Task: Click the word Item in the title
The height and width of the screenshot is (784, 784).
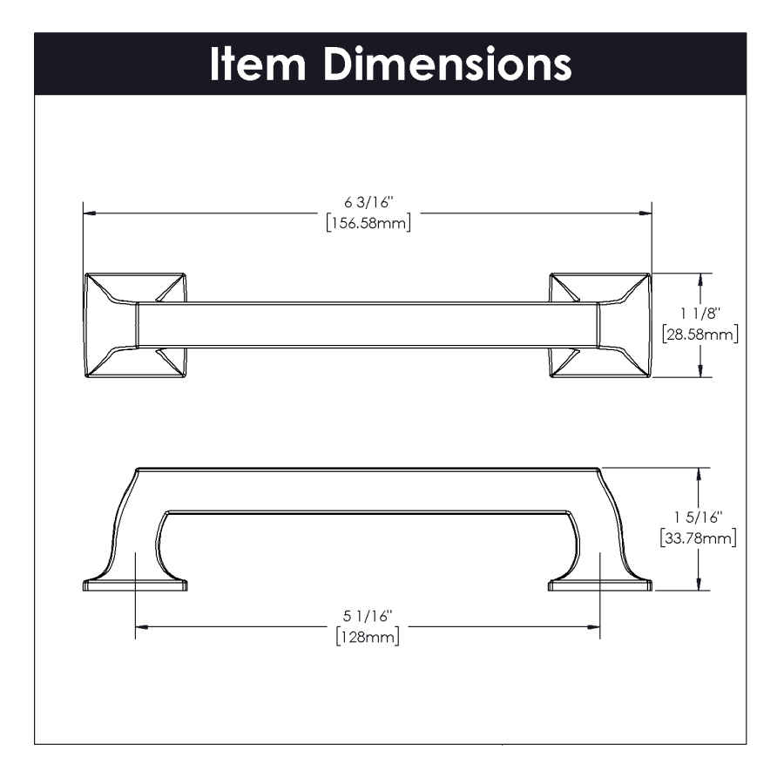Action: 258,64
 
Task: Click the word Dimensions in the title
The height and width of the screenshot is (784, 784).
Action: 448,64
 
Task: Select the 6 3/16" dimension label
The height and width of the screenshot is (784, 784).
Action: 368,202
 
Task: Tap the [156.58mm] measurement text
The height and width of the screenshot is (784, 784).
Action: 368,222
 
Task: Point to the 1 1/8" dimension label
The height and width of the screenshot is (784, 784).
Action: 700,314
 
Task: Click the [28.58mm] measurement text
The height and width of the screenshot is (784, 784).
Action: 700,334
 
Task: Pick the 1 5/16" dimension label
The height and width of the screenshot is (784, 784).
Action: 699,517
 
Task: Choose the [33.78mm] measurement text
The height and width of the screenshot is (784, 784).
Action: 699,538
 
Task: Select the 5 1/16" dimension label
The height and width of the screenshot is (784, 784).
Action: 368,616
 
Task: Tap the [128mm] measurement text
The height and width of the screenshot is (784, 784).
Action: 368,637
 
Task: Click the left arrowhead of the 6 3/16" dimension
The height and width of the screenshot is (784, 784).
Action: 90,213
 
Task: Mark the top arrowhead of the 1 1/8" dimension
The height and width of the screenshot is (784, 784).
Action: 700,280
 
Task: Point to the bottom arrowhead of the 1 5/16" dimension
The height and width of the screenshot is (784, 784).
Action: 699,584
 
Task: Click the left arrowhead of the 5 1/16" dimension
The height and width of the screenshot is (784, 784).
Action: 141,626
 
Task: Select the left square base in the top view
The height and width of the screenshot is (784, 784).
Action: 135,325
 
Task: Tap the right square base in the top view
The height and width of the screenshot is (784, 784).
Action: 600,325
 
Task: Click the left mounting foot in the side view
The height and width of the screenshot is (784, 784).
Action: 135,585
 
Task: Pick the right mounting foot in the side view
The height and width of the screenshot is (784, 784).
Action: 600,585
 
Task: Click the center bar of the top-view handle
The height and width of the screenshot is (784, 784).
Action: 368,325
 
